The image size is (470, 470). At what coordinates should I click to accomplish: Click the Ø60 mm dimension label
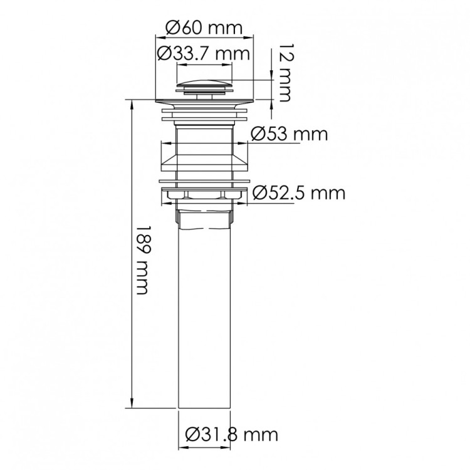click(204, 28)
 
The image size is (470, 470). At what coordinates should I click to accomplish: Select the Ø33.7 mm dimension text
click(203, 54)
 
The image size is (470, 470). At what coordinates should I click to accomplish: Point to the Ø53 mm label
click(290, 133)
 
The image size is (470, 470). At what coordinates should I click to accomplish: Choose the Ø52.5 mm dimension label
click(299, 193)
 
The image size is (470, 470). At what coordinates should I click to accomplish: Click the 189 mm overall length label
click(142, 260)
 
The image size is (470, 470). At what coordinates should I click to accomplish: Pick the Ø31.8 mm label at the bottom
click(231, 435)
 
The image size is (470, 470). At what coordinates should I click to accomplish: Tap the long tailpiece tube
click(204, 318)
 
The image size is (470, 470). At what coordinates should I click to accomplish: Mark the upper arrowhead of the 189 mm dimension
click(132, 105)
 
